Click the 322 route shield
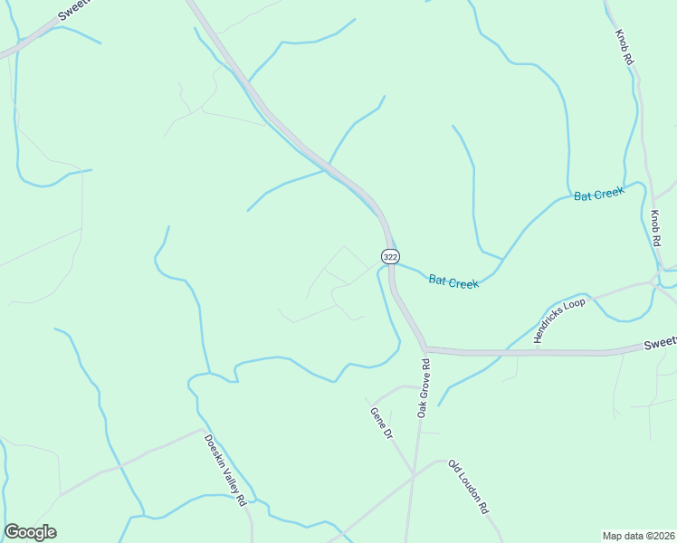(390, 257)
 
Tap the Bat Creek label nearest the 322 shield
(453, 282)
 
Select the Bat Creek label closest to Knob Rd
(599, 195)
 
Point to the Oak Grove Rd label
(423, 387)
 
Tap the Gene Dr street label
(381, 423)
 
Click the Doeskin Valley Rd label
(225, 471)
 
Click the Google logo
(30, 532)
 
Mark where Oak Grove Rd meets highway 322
(424, 348)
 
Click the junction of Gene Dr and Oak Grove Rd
(413, 475)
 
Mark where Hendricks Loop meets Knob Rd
(653, 282)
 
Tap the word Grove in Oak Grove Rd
(423, 386)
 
